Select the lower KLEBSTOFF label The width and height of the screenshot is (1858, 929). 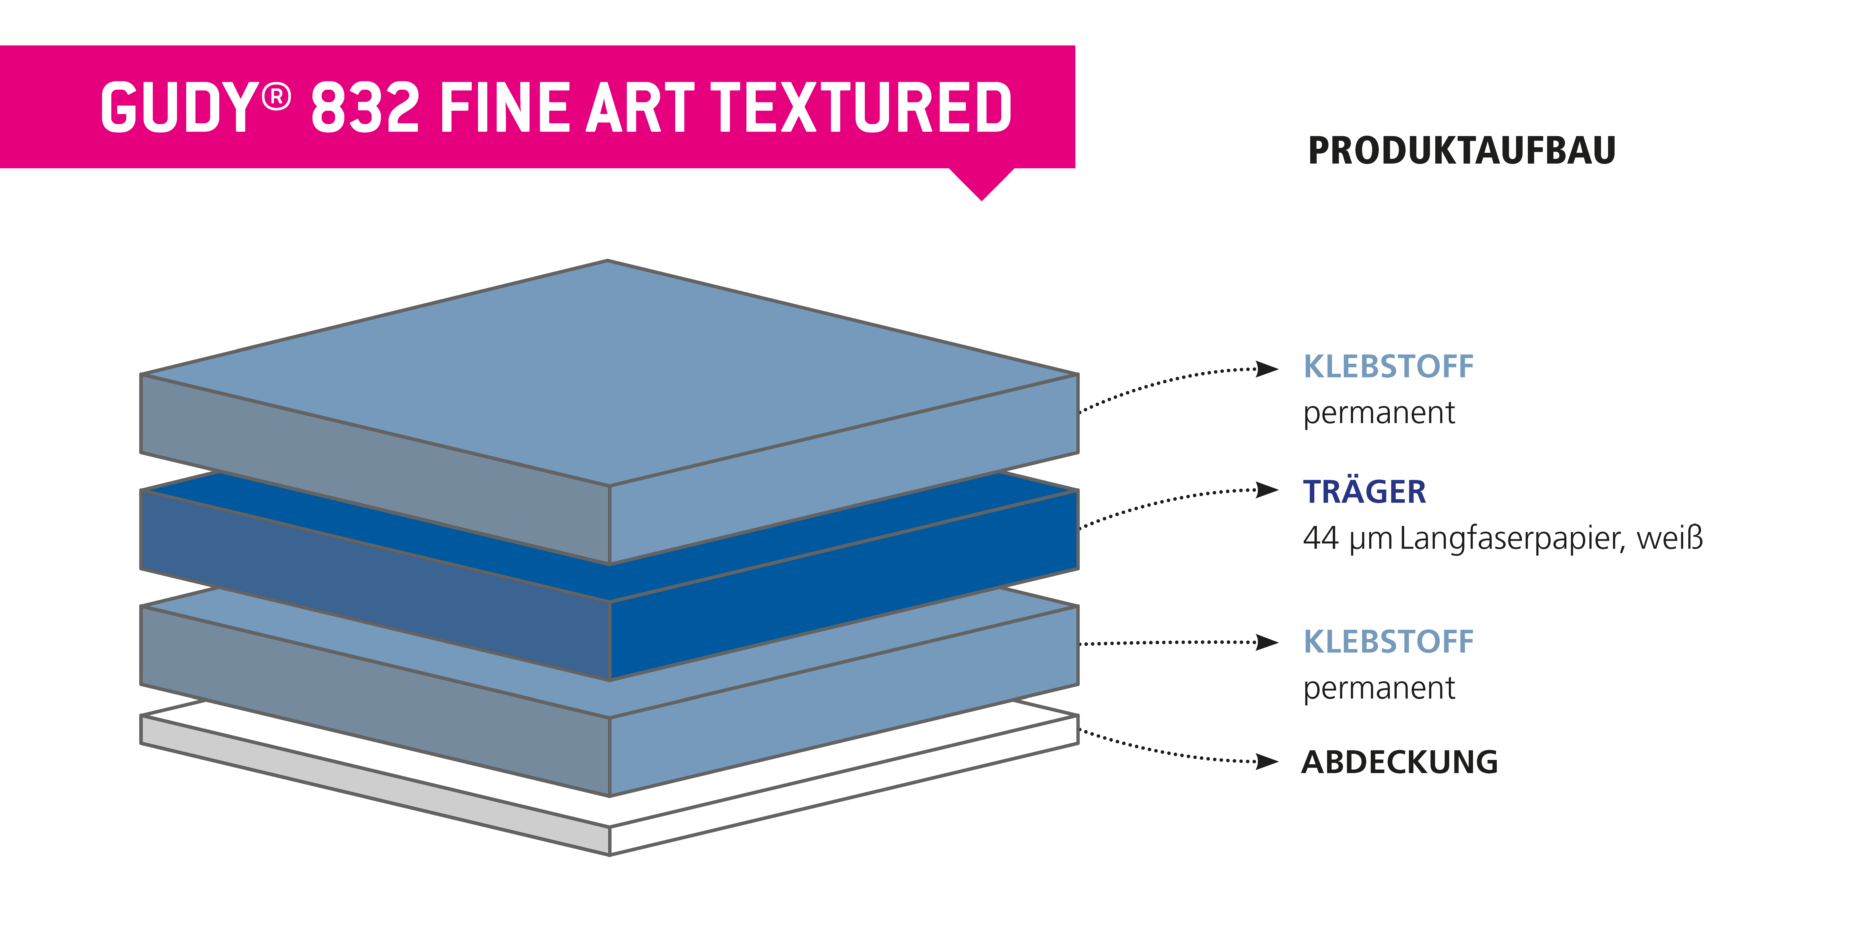(1388, 642)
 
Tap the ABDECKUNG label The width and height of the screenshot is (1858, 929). (1399, 762)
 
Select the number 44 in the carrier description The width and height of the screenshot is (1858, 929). (1321, 538)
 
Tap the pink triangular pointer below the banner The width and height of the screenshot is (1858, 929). (982, 184)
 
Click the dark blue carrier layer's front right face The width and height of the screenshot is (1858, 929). (844, 586)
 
